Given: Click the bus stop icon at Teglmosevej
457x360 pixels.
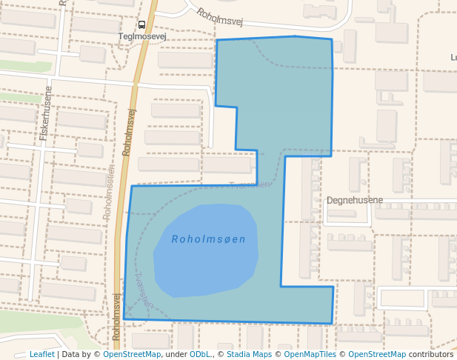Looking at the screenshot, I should point(141,24).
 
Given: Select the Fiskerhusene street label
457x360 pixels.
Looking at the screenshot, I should point(46,117).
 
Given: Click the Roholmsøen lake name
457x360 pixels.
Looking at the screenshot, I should point(208,239).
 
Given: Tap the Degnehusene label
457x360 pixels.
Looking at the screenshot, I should point(355,200).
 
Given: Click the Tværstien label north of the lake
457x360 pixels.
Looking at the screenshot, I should point(250,184).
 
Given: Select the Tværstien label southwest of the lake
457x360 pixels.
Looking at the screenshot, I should point(144,290).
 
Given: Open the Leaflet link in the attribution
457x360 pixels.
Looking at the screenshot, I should point(42,354).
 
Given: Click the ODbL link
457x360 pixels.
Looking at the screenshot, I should point(199,354).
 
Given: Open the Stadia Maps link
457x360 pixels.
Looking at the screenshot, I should point(248,354).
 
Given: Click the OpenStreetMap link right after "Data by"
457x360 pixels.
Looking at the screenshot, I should point(132,354).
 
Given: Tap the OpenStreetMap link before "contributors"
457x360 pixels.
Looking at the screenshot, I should point(377,354).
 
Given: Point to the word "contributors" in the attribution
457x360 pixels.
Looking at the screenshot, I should point(431,354).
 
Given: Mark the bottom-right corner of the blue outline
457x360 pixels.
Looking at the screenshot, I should point(331,324).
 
